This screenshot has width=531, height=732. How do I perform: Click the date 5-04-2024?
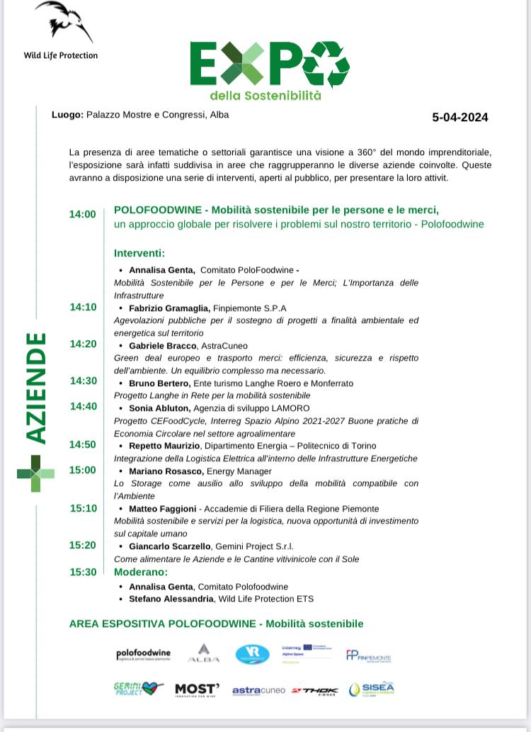coord(459,118)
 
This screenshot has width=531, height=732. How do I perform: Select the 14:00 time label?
coord(82,214)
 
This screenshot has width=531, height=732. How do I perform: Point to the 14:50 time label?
coord(82,445)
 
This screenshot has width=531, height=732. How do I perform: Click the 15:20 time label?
coord(82,546)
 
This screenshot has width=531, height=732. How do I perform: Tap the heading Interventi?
coord(139,253)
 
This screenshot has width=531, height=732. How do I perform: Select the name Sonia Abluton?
coord(159,408)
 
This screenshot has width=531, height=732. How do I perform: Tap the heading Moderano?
coord(141,572)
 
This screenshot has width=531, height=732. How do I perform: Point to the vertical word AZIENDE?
coord(36,388)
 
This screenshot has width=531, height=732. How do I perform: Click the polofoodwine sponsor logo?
coord(144,654)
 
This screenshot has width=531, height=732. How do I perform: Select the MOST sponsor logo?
coord(197,689)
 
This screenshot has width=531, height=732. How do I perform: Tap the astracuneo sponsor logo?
coord(258,690)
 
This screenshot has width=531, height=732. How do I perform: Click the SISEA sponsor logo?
coord(372,689)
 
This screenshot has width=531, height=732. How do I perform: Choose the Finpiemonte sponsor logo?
coord(368,655)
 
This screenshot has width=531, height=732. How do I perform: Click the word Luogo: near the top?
coord(67,115)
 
